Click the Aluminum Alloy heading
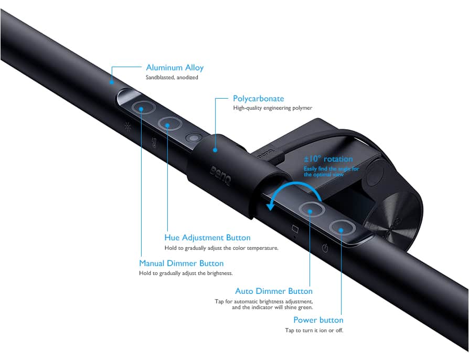coord(175,68)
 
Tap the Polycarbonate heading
coord(259,99)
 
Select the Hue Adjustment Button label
coord(207,238)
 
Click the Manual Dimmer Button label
coord(182,263)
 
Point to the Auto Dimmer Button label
coord(274,291)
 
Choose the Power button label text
coord(318,320)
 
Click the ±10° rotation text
coord(328,159)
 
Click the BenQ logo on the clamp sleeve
coord(220,176)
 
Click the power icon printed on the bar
coord(325,248)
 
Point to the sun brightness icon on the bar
coord(127,127)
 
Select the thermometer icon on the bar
coord(154,142)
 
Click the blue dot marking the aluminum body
coord(111,82)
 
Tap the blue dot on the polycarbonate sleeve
coord(215,150)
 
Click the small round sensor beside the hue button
coord(193,138)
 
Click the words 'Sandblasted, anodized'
coord(172,77)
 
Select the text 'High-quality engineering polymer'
coord(272,108)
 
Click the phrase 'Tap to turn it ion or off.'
coord(314,331)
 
